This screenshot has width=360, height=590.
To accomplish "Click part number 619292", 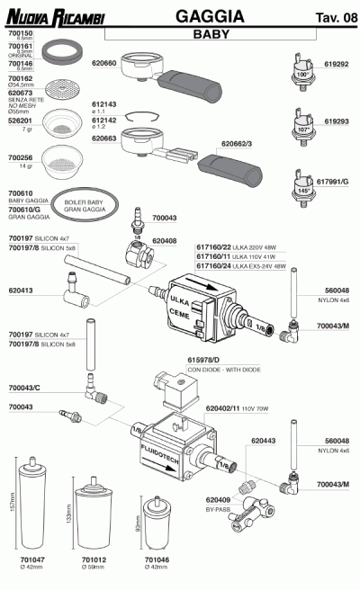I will point(337,65).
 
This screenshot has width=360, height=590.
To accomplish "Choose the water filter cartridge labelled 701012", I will point(94,516).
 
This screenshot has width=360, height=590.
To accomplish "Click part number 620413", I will point(22,291).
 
